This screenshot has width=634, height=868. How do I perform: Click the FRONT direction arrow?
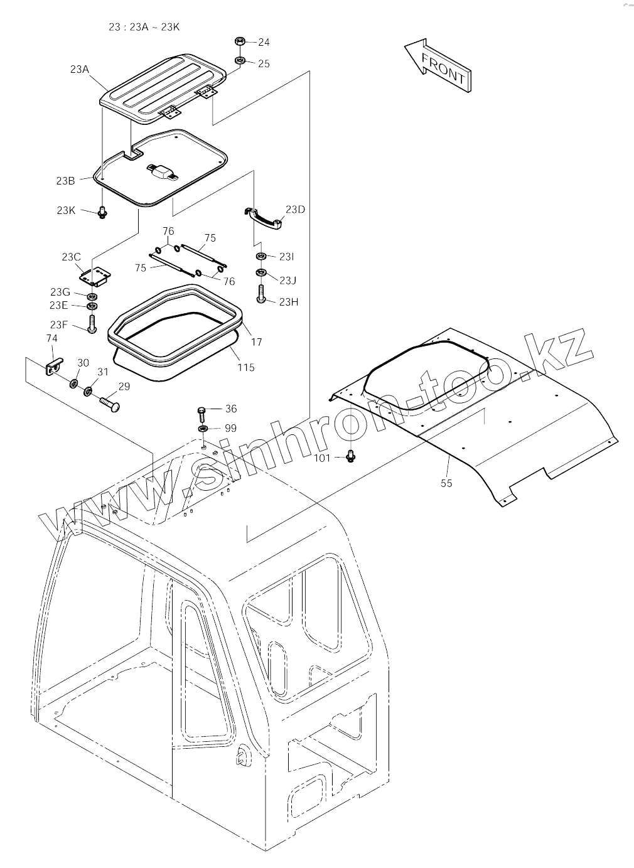click(x=438, y=65)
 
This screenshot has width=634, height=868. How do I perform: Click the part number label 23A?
click(x=80, y=70)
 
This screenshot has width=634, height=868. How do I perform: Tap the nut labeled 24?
click(x=239, y=41)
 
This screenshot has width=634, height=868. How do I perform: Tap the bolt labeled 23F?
click(x=92, y=323)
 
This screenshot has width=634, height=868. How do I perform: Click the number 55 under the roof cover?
click(x=446, y=483)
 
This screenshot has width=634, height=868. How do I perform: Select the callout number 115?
click(x=246, y=367)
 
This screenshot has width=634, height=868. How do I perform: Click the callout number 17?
click(x=256, y=342)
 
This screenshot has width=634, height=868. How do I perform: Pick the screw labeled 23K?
click(x=102, y=213)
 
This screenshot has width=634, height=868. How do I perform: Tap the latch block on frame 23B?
click(x=163, y=171)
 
